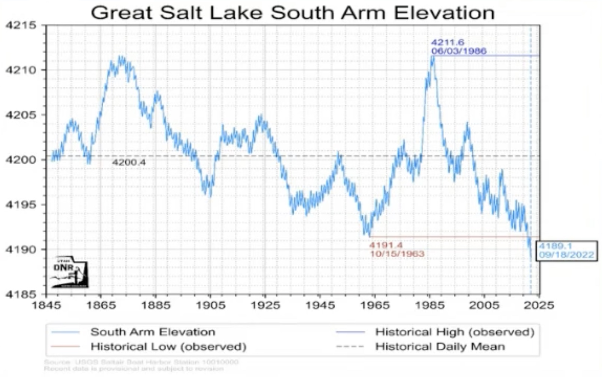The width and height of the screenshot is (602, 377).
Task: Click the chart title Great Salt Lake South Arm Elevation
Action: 292,13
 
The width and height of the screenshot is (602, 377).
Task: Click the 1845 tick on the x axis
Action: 46,305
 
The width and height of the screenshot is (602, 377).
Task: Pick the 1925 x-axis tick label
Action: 265,305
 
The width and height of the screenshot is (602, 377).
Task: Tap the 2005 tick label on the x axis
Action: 484,305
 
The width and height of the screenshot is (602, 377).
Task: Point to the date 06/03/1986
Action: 459,51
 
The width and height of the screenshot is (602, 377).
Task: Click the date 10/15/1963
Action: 397,254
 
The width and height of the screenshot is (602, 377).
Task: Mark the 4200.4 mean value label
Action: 129,162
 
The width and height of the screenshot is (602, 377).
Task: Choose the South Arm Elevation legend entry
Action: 152,332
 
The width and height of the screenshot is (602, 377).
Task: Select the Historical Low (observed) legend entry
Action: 168,347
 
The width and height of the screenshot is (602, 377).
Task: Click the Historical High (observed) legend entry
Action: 454,332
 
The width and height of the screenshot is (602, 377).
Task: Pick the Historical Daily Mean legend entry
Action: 440,347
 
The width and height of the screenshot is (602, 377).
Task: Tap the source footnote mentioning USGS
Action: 141,362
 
